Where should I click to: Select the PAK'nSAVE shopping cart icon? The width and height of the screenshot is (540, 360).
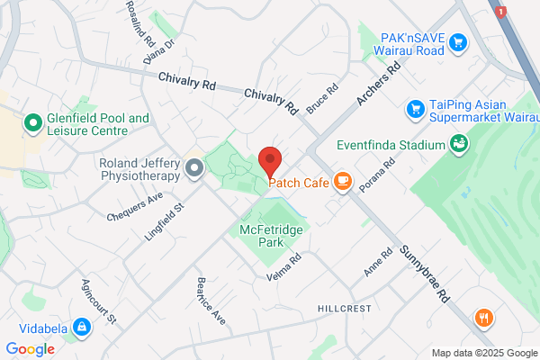pos(457,41)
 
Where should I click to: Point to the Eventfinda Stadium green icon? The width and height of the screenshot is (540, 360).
pos(458,143)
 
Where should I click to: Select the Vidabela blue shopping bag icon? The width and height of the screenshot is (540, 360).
pos(81,327)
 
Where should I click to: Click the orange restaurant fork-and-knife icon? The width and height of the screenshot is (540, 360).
pos(485,317)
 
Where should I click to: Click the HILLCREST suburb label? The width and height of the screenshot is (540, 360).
pos(344,308)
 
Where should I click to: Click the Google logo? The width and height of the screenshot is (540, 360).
pos(30,349)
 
